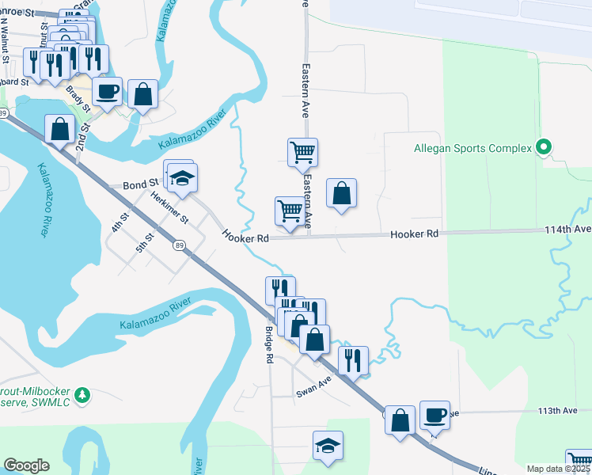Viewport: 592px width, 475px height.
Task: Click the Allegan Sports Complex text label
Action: click(x=472, y=148)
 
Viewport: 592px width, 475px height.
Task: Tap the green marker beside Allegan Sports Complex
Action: click(x=544, y=147)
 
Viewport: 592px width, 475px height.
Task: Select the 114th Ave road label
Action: click(x=567, y=229)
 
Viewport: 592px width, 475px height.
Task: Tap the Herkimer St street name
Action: click(x=171, y=208)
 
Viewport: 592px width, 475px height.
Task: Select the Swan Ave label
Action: click(x=313, y=387)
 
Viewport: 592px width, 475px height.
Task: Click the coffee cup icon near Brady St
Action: click(x=108, y=91)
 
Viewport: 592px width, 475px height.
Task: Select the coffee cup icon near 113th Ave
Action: click(x=435, y=415)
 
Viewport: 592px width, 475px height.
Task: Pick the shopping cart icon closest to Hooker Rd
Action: click(x=290, y=212)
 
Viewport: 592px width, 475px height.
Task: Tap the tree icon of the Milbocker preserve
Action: click(x=82, y=394)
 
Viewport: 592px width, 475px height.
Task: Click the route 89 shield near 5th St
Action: click(x=180, y=245)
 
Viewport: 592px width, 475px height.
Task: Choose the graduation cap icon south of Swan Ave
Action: click(x=328, y=447)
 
